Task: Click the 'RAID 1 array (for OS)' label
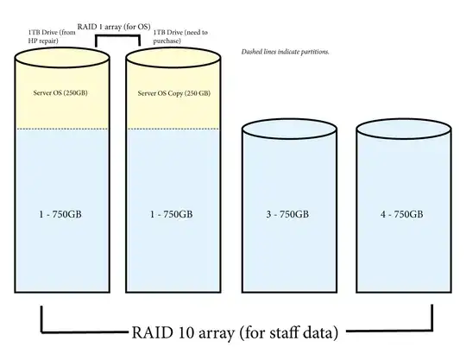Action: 112,27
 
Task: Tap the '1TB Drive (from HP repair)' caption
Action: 44,37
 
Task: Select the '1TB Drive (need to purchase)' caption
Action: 177,37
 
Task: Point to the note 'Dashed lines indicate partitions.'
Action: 285,52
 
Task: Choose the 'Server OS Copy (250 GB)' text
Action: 172,92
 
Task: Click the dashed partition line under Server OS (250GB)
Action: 57,129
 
